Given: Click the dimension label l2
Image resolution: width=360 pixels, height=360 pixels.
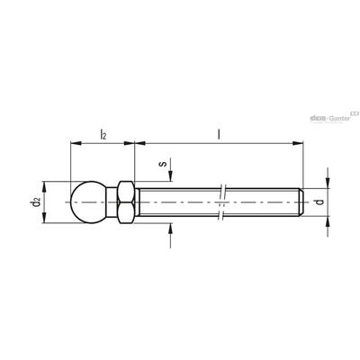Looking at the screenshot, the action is [103, 134].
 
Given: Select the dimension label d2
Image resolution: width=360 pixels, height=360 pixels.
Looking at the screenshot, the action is [35, 202].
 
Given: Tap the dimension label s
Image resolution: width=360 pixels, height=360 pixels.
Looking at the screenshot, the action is [163, 164].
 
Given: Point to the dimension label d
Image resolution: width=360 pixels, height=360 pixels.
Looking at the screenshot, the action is [320, 202].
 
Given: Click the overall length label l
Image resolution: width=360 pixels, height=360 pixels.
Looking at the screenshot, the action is [219, 134].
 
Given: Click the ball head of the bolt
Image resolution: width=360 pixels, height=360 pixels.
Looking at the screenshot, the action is [88, 202].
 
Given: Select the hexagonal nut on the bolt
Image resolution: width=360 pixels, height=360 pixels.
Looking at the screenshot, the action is [125, 202].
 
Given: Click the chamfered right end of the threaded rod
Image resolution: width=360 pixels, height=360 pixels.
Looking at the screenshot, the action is [301, 202].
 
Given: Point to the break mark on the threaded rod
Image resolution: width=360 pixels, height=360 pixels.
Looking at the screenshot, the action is [221, 202].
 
